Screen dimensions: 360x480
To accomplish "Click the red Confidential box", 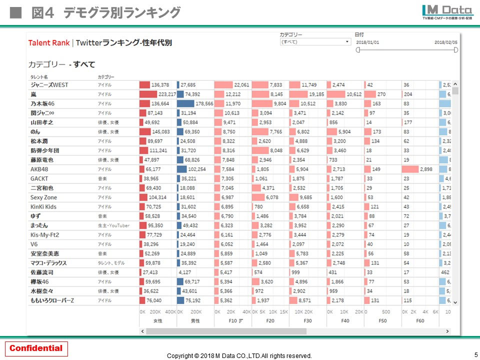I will click(x=36, y=348).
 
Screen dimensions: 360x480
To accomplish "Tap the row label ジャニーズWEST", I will click(x=49, y=85).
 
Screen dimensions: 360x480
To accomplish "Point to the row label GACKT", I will click(x=39, y=178).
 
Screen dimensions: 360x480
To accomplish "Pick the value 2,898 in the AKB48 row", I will click(x=425, y=169).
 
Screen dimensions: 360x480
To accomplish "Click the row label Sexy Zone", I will click(x=43, y=197).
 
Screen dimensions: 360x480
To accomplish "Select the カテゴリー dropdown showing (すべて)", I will click(x=315, y=42).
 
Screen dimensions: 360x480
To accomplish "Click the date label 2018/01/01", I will click(x=367, y=42).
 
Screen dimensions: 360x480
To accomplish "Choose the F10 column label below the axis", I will click(x=232, y=320).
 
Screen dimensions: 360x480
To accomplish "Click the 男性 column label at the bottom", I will click(x=195, y=320).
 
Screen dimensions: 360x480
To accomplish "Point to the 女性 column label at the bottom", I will click(x=157, y=320).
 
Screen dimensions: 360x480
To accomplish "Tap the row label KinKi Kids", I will click(x=43, y=206).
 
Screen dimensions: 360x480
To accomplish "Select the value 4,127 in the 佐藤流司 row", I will click(x=184, y=272).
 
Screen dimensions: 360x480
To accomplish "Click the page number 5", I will click(x=475, y=354).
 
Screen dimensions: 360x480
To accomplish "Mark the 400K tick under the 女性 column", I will click(x=170, y=311).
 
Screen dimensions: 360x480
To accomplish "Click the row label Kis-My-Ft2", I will click(x=44, y=235).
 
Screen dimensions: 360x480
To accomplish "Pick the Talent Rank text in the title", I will click(x=49, y=43).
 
